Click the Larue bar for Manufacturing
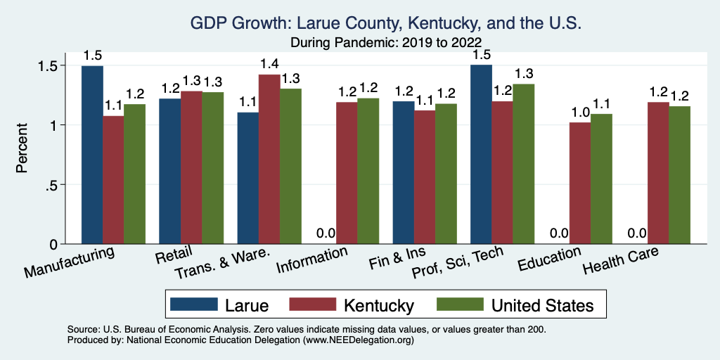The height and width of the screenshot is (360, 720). [x=92, y=155]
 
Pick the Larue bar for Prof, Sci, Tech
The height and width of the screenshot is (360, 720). [x=481, y=155]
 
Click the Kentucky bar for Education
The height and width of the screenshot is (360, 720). [x=580, y=183]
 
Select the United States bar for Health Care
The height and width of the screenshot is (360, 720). [x=679, y=175]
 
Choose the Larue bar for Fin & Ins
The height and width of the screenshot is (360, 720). [x=404, y=172]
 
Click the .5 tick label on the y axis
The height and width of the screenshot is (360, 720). [x=61, y=185]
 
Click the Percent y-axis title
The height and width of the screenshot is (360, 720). [x=23, y=149]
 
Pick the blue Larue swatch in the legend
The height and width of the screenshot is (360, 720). [x=194, y=304]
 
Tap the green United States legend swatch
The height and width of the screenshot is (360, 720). [x=458, y=304]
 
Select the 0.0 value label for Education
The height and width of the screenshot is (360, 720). [x=559, y=233]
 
